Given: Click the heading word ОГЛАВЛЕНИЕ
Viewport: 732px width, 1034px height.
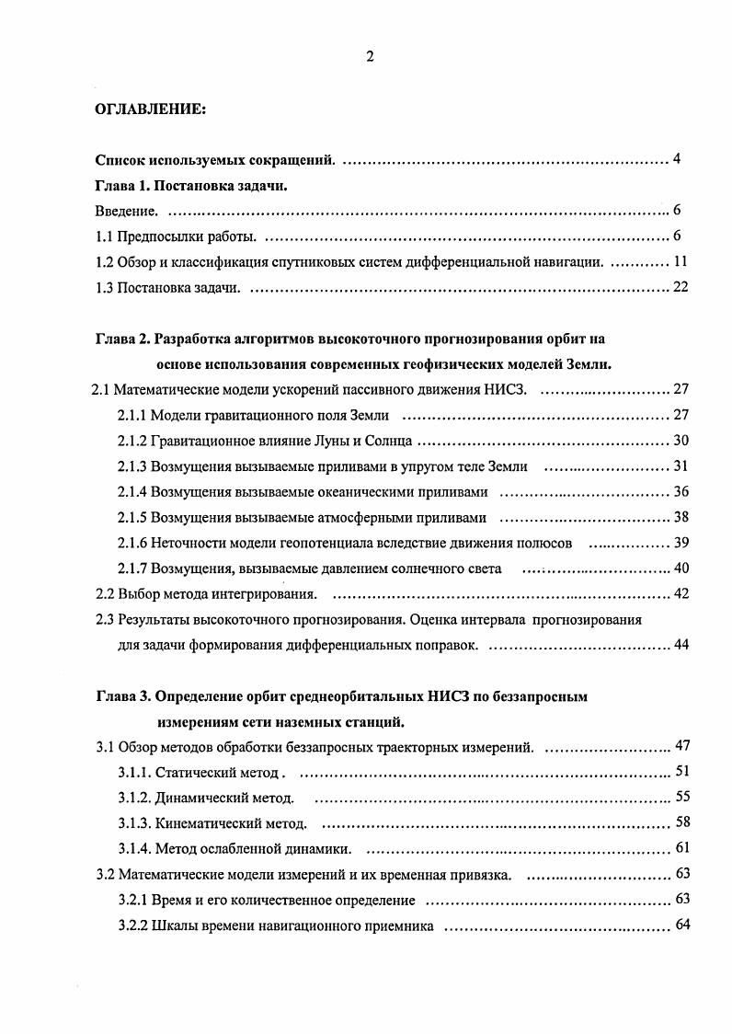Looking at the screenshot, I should pyautogui.click(x=151, y=110).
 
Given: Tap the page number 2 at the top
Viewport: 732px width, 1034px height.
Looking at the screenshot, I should pyautogui.click(x=369, y=57).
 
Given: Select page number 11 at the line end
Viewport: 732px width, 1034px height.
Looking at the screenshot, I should pyautogui.click(x=681, y=262).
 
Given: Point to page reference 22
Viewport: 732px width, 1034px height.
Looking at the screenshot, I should pyautogui.click(x=681, y=288).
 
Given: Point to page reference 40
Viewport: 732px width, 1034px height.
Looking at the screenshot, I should pyautogui.click(x=681, y=568).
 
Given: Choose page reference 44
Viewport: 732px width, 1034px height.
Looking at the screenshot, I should pyautogui.click(x=681, y=645).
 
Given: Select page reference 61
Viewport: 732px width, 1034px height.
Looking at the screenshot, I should pyautogui.click(x=681, y=847).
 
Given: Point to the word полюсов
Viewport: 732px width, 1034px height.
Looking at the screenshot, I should pyautogui.click(x=547, y=543).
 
